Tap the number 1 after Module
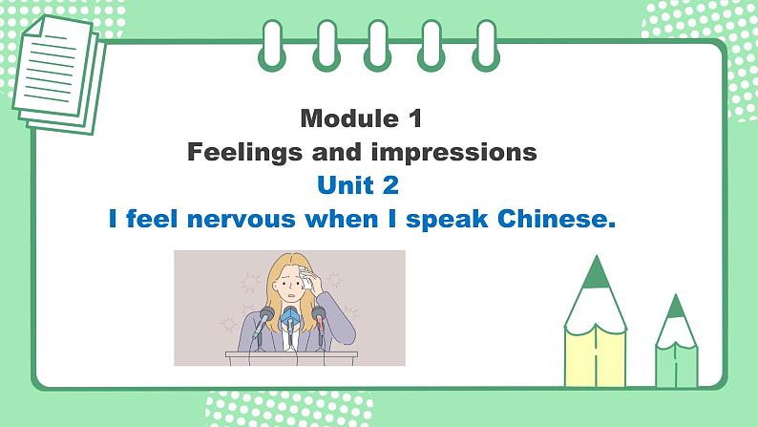(412, 119)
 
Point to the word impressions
(460, 153)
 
